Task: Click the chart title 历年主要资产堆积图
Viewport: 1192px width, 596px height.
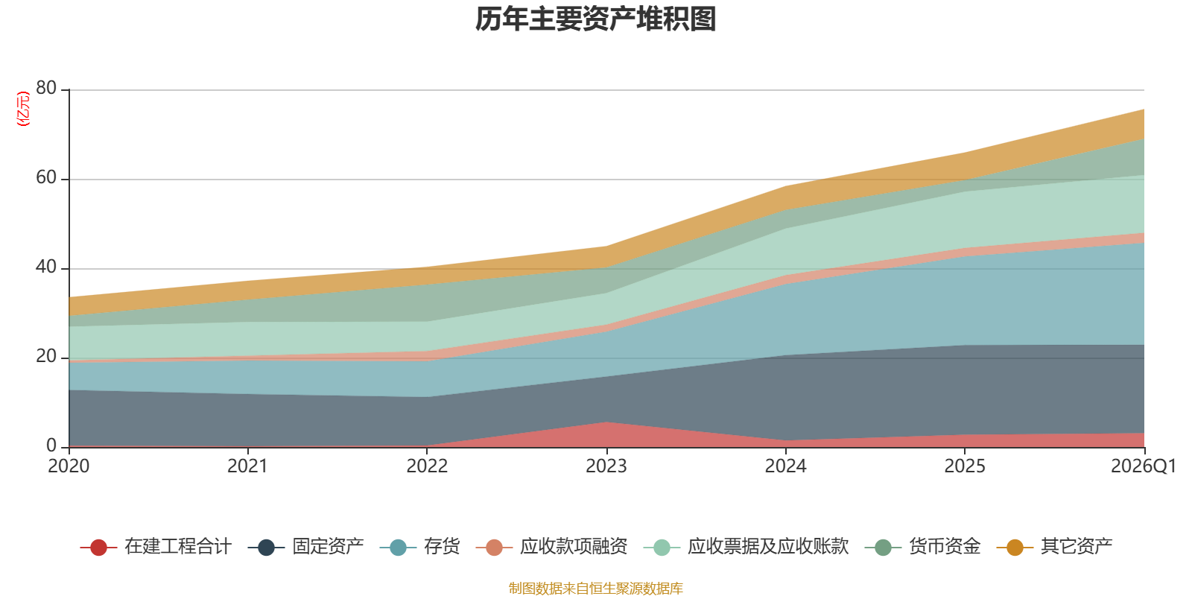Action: pyautogui.click(x=596, y=20)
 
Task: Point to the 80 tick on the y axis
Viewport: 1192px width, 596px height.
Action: pyautogui.click(x=46, y=88)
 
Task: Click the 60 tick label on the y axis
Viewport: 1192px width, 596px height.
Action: pyautogui.click(x=46, y=177)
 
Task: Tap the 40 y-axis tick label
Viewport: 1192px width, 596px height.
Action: pyautogui.click(x=46, y=267)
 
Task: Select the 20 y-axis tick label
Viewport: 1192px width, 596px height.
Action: pyautogui.click(x=46, y=356)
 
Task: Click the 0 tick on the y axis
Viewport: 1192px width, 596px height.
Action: pyautogui.click(x=51, y=446)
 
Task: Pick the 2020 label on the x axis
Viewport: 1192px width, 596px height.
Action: pyautogui.click(x=69, y=466)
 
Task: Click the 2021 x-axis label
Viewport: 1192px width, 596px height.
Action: pyautogui.click(x=247, y=466)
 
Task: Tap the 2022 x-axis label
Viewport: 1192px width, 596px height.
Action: pyautogui.click(x=427, y=466)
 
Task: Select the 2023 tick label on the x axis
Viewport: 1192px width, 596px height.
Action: pyautogui.click(x=606, y=466)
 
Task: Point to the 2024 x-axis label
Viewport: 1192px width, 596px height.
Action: pyautogui.click(x=785, y=466)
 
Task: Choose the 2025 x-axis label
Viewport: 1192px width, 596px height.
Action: pyautogui.click(x=965, y=466)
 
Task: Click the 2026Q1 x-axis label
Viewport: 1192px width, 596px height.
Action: pyautogui.click(x=1143, y=466)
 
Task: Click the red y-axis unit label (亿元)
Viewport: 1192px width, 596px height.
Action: pyautogui.click(x=23, y=109)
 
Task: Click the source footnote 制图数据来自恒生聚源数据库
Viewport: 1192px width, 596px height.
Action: pyautogui.click(x=596, y=589)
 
